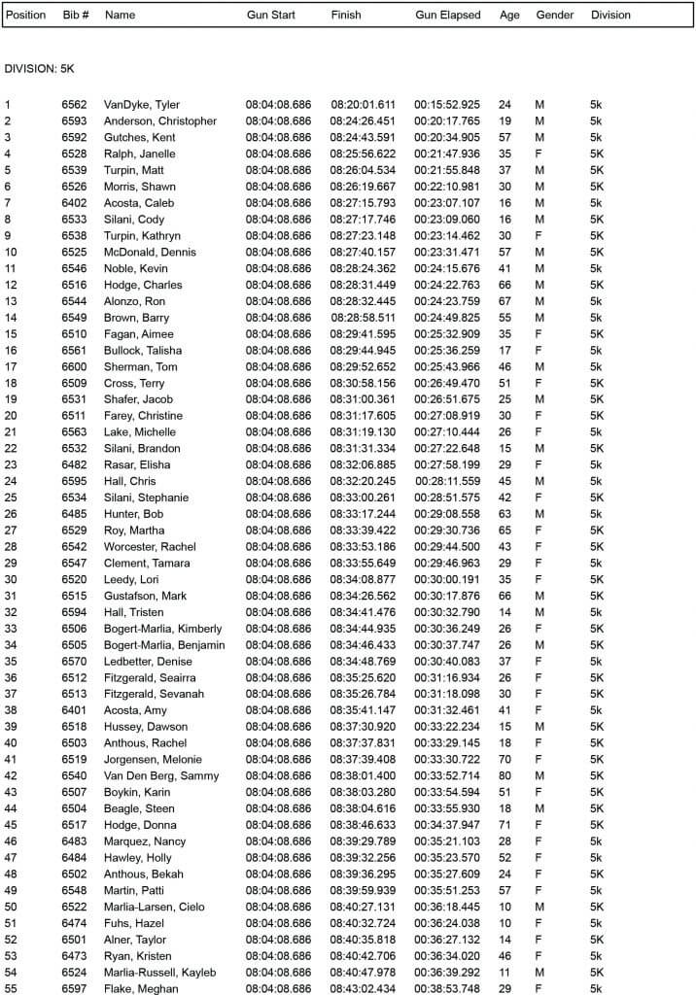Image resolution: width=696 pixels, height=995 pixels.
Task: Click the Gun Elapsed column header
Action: tap(447, 15)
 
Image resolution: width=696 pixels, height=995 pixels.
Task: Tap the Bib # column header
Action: tap(76, 15)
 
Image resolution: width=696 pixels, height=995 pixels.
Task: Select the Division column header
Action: tap(610, 15)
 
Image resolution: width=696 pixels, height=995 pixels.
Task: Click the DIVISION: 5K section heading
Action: tap(39, 69)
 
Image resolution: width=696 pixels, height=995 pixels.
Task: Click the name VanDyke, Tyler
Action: tap(142, 105)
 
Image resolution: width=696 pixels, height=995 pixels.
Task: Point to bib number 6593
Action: tap(74, 121)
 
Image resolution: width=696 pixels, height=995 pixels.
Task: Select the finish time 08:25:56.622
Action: tap(363, 154)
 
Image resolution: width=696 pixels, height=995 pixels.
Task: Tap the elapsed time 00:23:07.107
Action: tap(447, 203)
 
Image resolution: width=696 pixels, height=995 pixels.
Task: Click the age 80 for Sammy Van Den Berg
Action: tap(505, 775)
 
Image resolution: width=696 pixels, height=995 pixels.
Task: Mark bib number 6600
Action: tap(74, 366)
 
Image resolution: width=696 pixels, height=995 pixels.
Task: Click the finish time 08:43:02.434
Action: tap(363, 988)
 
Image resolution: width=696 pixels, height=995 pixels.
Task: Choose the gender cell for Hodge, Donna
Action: tap(539, 824)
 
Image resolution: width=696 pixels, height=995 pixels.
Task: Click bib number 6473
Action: tap(74, 956)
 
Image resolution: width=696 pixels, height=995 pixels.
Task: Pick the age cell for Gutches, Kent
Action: tap(505, 137)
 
